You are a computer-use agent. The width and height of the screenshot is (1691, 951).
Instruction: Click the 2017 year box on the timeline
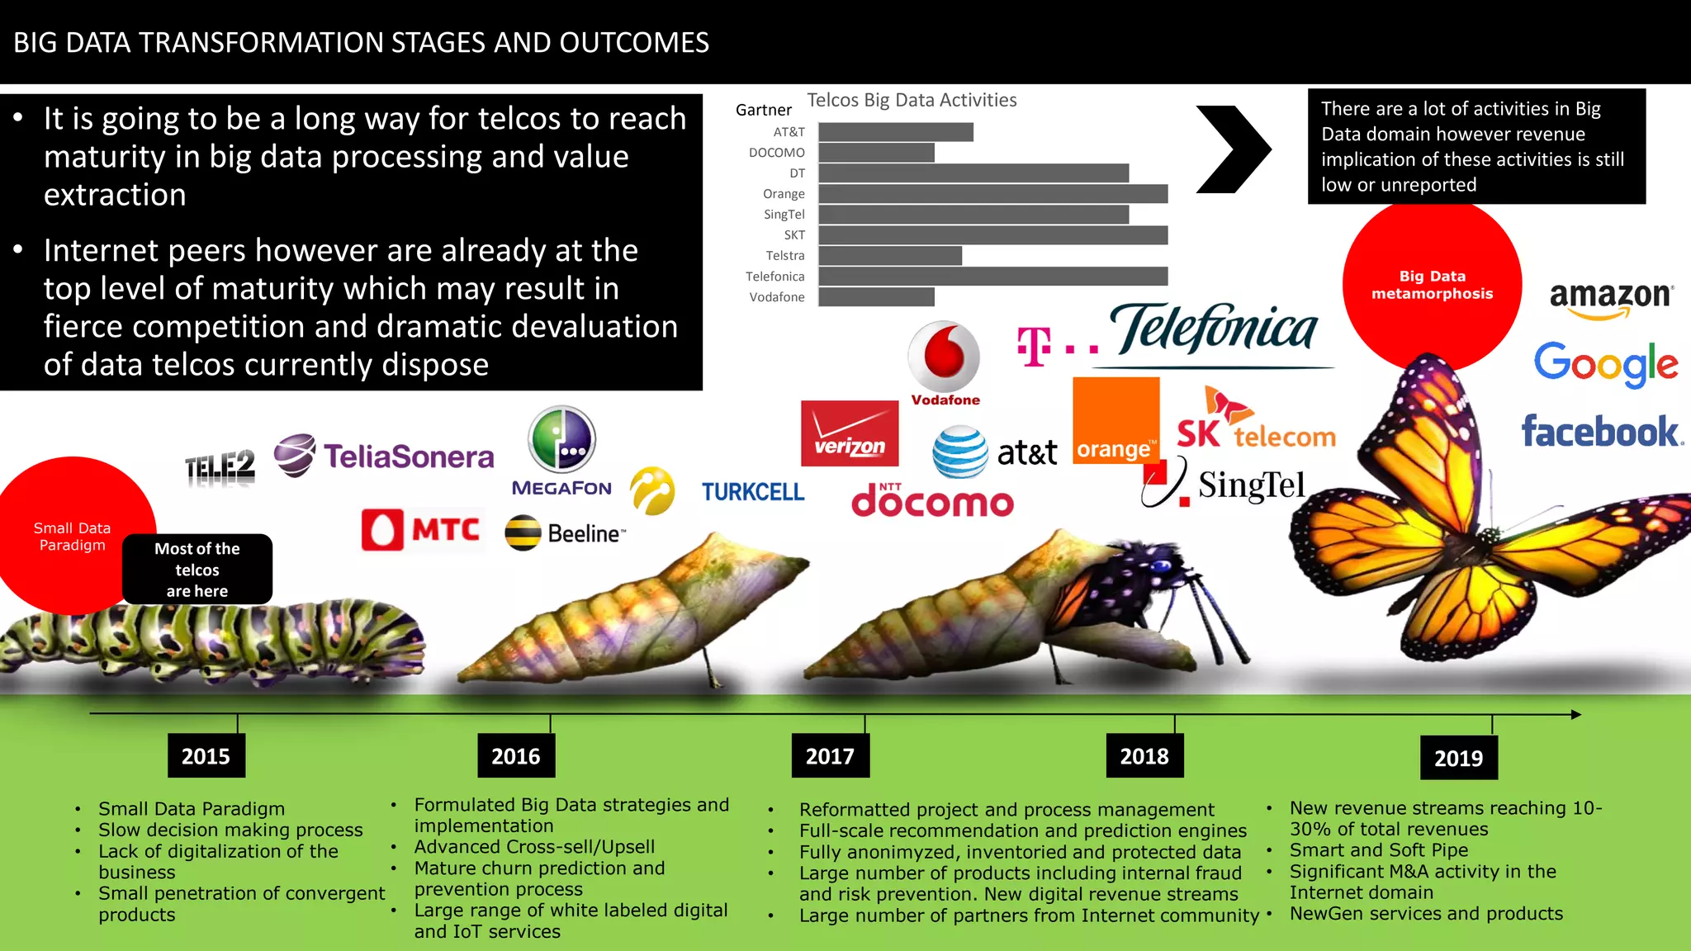point(830,755)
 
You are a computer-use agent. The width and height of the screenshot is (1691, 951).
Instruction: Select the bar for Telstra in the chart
point(890,256)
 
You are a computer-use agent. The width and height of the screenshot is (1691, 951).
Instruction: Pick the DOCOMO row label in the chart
point(776,153)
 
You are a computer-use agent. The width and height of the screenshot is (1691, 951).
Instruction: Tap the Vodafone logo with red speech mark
point(945,363)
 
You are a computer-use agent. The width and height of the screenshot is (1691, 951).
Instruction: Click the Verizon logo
point(850,433)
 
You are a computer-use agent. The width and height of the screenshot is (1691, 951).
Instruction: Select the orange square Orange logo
point(1115,420)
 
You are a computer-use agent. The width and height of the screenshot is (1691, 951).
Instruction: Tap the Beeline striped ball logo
point(523,532)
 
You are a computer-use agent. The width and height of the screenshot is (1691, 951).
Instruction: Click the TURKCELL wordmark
point(752,492)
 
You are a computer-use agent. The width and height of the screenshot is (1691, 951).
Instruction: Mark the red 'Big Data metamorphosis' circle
point(1432,285)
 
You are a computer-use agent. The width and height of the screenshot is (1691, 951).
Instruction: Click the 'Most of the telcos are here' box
point(197,570)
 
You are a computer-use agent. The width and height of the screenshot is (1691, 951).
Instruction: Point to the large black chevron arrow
point(1233,149)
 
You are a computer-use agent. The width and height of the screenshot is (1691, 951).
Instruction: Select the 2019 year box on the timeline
point(1458,758)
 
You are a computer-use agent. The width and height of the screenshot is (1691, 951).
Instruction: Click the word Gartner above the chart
point(763,110)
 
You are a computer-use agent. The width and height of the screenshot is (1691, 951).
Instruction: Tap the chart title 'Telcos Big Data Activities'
point(912,100)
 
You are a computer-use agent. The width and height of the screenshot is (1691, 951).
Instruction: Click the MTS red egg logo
point(382,530)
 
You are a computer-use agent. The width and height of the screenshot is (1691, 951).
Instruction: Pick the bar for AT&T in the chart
point(896,132)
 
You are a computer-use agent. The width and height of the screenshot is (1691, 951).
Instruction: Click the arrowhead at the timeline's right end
point(1575,714)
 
